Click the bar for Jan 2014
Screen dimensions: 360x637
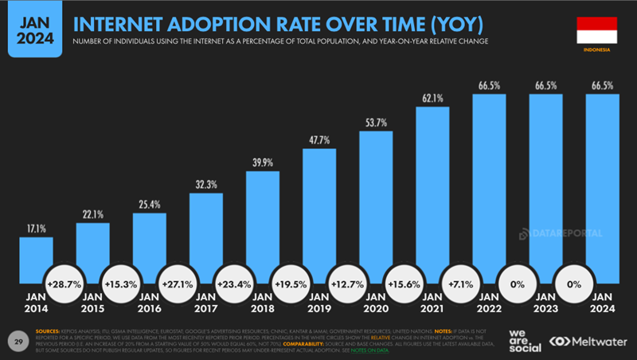coord(36,260)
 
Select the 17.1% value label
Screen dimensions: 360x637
coord(36,228)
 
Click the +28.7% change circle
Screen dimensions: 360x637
coord(64,284)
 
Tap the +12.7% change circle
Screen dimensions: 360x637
coord(347,284)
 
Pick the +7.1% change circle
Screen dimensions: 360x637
coord(460,284)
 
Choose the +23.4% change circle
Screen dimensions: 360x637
coord(234,284)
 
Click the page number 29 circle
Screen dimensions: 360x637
coord(18,340)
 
